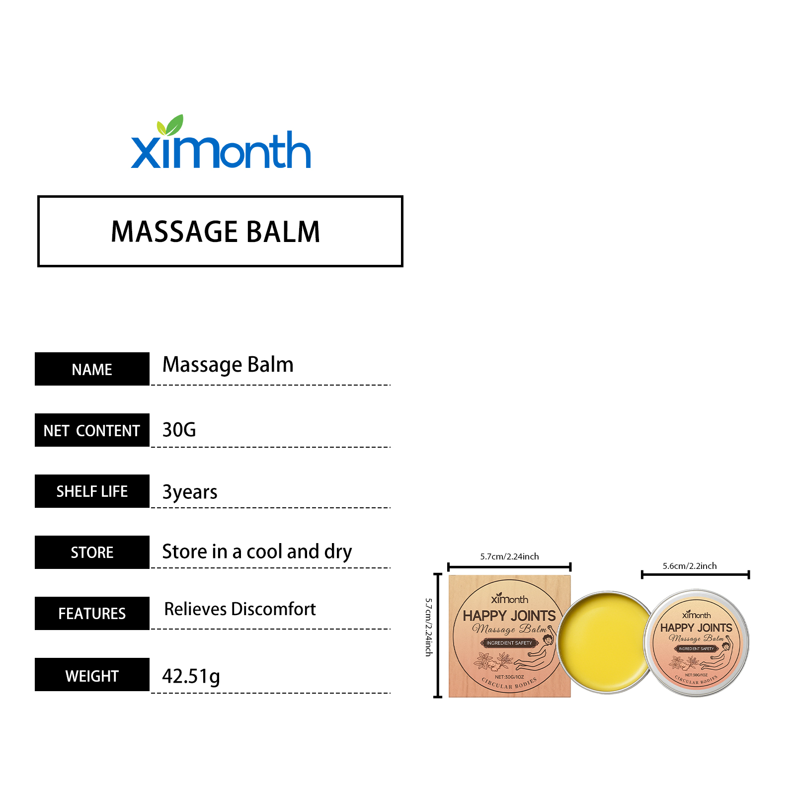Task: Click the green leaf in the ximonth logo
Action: [170, 125]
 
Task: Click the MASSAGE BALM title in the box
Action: [216, 232]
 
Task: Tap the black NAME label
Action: [92, 369]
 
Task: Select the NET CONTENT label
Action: [92, 430]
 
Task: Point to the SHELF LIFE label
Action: [92, 491]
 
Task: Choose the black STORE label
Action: [92, 553]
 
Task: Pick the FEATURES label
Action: [92, 614]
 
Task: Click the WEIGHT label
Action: [92, 675]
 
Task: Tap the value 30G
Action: [179, 430]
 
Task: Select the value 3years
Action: [190, 492]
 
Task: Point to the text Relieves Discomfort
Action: [240, 609]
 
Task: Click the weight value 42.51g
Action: [191, 676]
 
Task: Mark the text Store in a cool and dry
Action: [257, 552]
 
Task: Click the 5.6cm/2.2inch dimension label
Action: [690, 566]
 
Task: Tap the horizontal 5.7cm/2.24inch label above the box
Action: [509, 556]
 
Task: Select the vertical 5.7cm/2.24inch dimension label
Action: [429, 627]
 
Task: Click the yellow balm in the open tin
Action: [604, 642]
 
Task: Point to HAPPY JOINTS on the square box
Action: [509, 616]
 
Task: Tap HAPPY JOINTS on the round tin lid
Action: [696, 628]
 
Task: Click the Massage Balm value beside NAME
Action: [228, 365]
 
